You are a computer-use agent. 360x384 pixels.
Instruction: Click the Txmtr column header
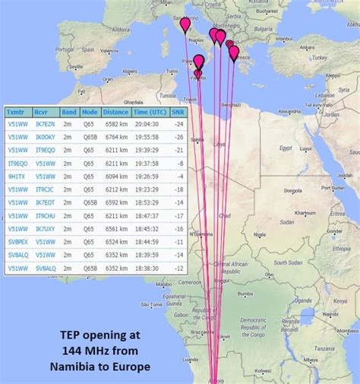pos(16,112)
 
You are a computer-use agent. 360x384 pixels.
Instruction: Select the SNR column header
pos(178,112)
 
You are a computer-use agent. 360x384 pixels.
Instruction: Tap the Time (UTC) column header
pos(150,112)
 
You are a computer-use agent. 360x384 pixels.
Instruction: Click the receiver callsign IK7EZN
pos(45,123)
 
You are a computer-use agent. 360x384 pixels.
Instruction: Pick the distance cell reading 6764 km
pos(116,136)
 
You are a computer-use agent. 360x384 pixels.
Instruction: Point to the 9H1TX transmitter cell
pos(16,176)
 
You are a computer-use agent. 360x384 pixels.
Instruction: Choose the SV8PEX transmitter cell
pos(17,241)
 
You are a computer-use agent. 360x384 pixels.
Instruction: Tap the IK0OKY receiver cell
pos(46,136)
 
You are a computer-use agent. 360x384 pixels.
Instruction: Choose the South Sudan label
pos(289,242)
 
